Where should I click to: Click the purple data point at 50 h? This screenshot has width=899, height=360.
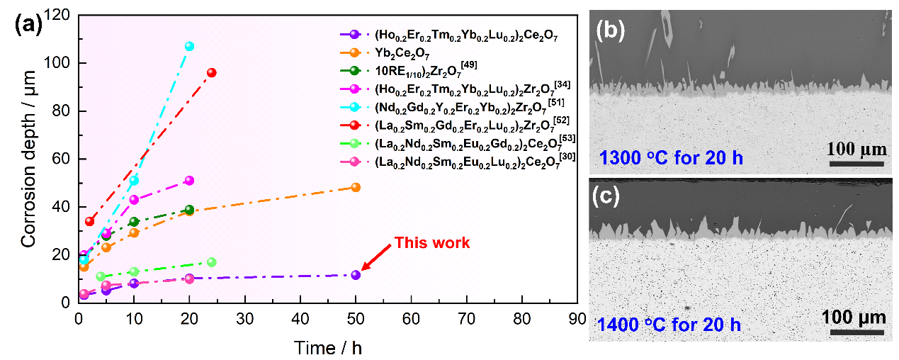pyautogui.click(x=356, y=275)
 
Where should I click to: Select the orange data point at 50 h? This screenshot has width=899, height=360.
pyautogui.click(x=356, y=187)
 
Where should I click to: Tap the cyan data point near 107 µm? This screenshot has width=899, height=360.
pyautogui.click(x=189, y=46)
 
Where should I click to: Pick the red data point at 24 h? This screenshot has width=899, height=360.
pyautogui.click(x=211, y=72)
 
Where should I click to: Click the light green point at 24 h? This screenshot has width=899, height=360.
pyautogui.click(x=211, y=262)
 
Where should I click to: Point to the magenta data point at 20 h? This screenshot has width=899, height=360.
pyautogui.click(x=189, y=180)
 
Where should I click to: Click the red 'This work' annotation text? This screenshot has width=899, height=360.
pyautogui.click(x=432, y=243)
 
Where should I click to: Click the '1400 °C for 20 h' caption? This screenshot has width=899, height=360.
pyautogui.click(x=670, y=325)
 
